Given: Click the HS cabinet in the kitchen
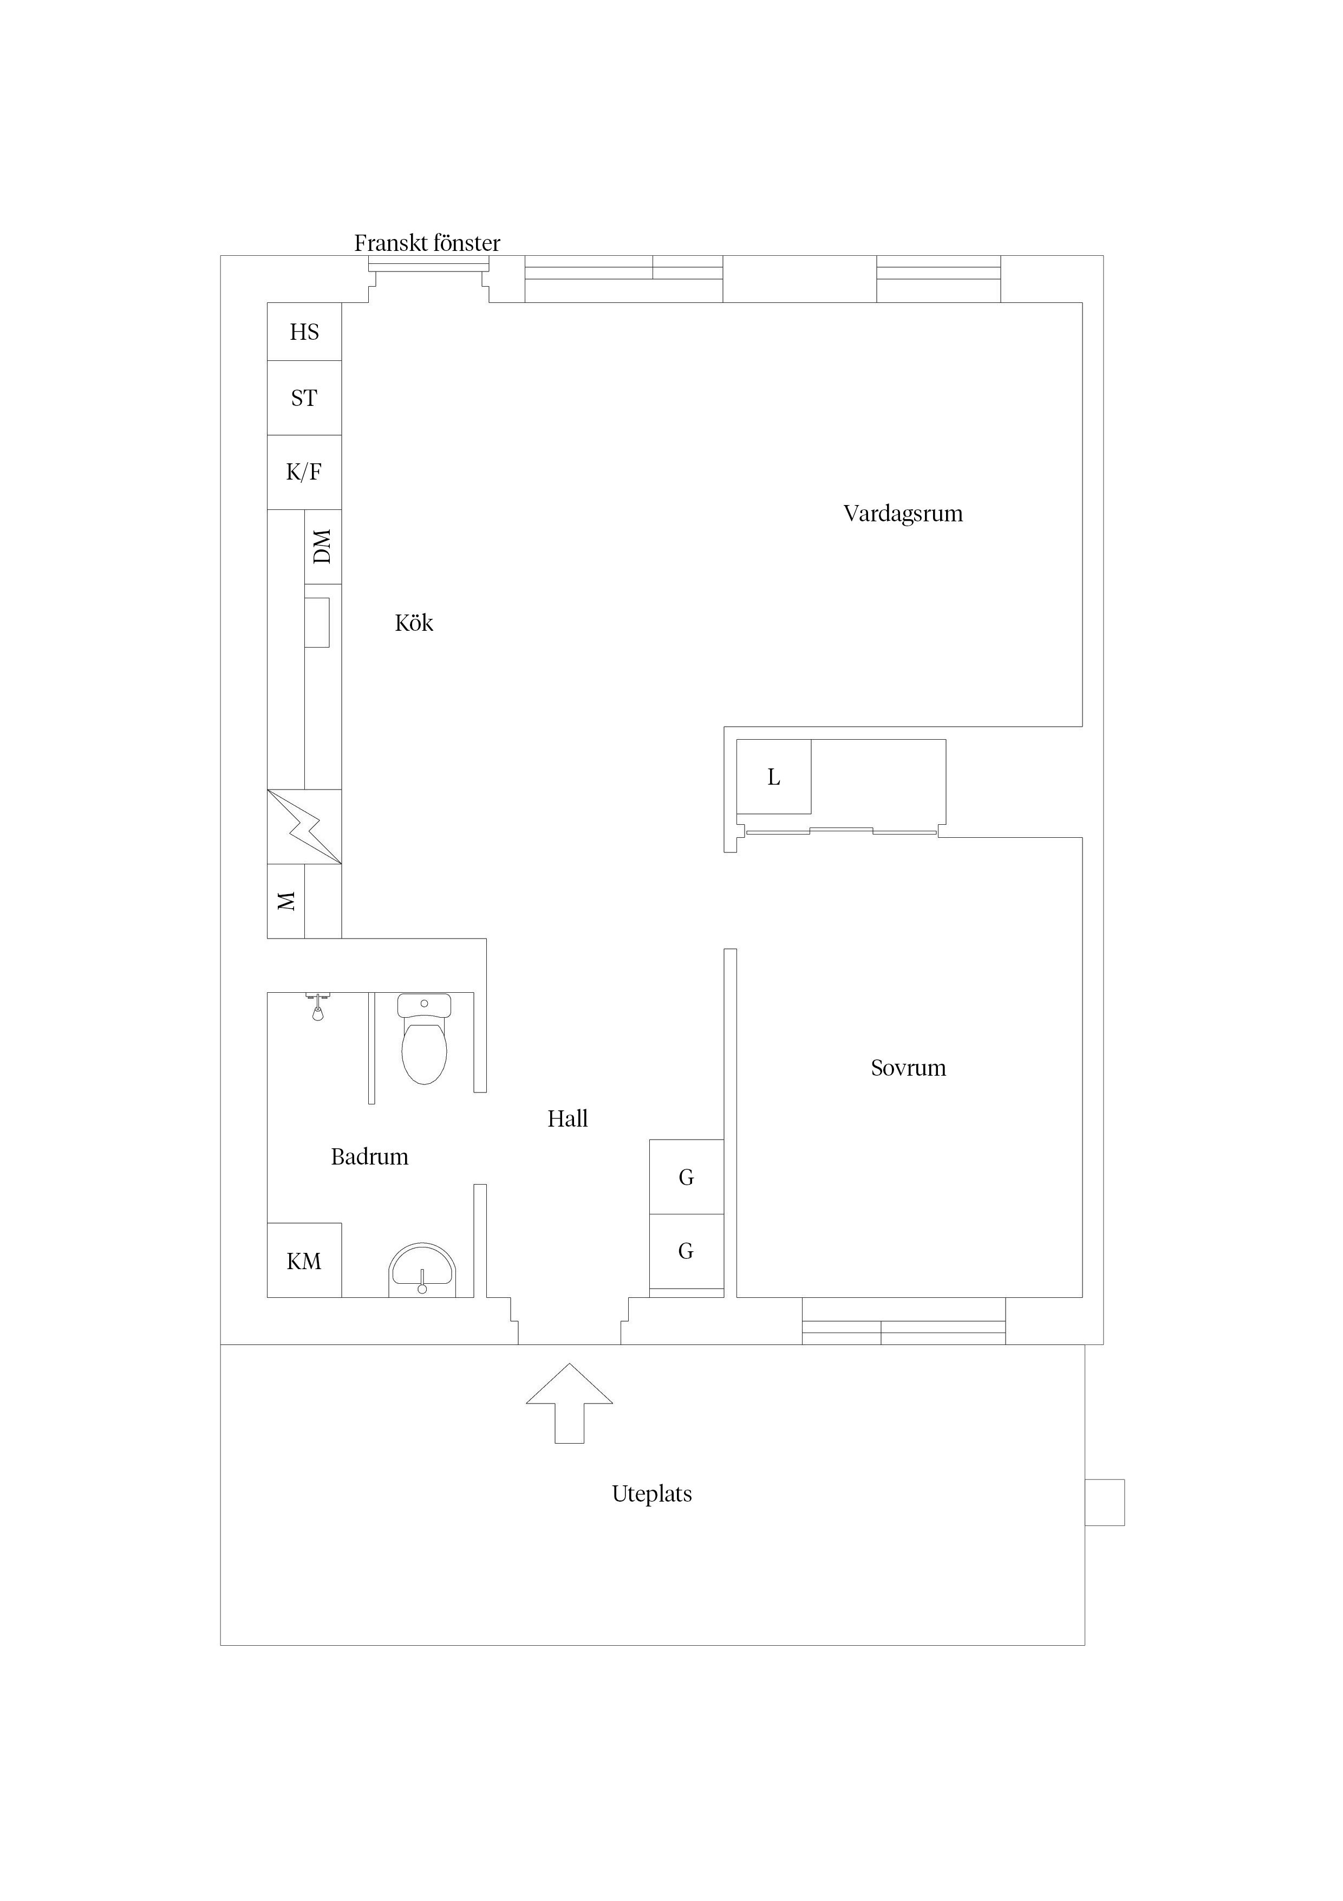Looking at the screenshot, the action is (x=304, y=332).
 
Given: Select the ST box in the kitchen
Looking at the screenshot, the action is (x=304, y=398).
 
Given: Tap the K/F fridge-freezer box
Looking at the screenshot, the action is (x=304, y=472).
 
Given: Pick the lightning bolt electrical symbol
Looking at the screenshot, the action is (x=304, y=826).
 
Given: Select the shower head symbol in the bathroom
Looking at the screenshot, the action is (x=318, y=1007).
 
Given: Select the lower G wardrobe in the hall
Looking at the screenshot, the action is (x=686, y=1251).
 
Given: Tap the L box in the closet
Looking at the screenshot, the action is (x=774, y=777).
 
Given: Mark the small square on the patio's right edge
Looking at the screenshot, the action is (x=1105, y=1502).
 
